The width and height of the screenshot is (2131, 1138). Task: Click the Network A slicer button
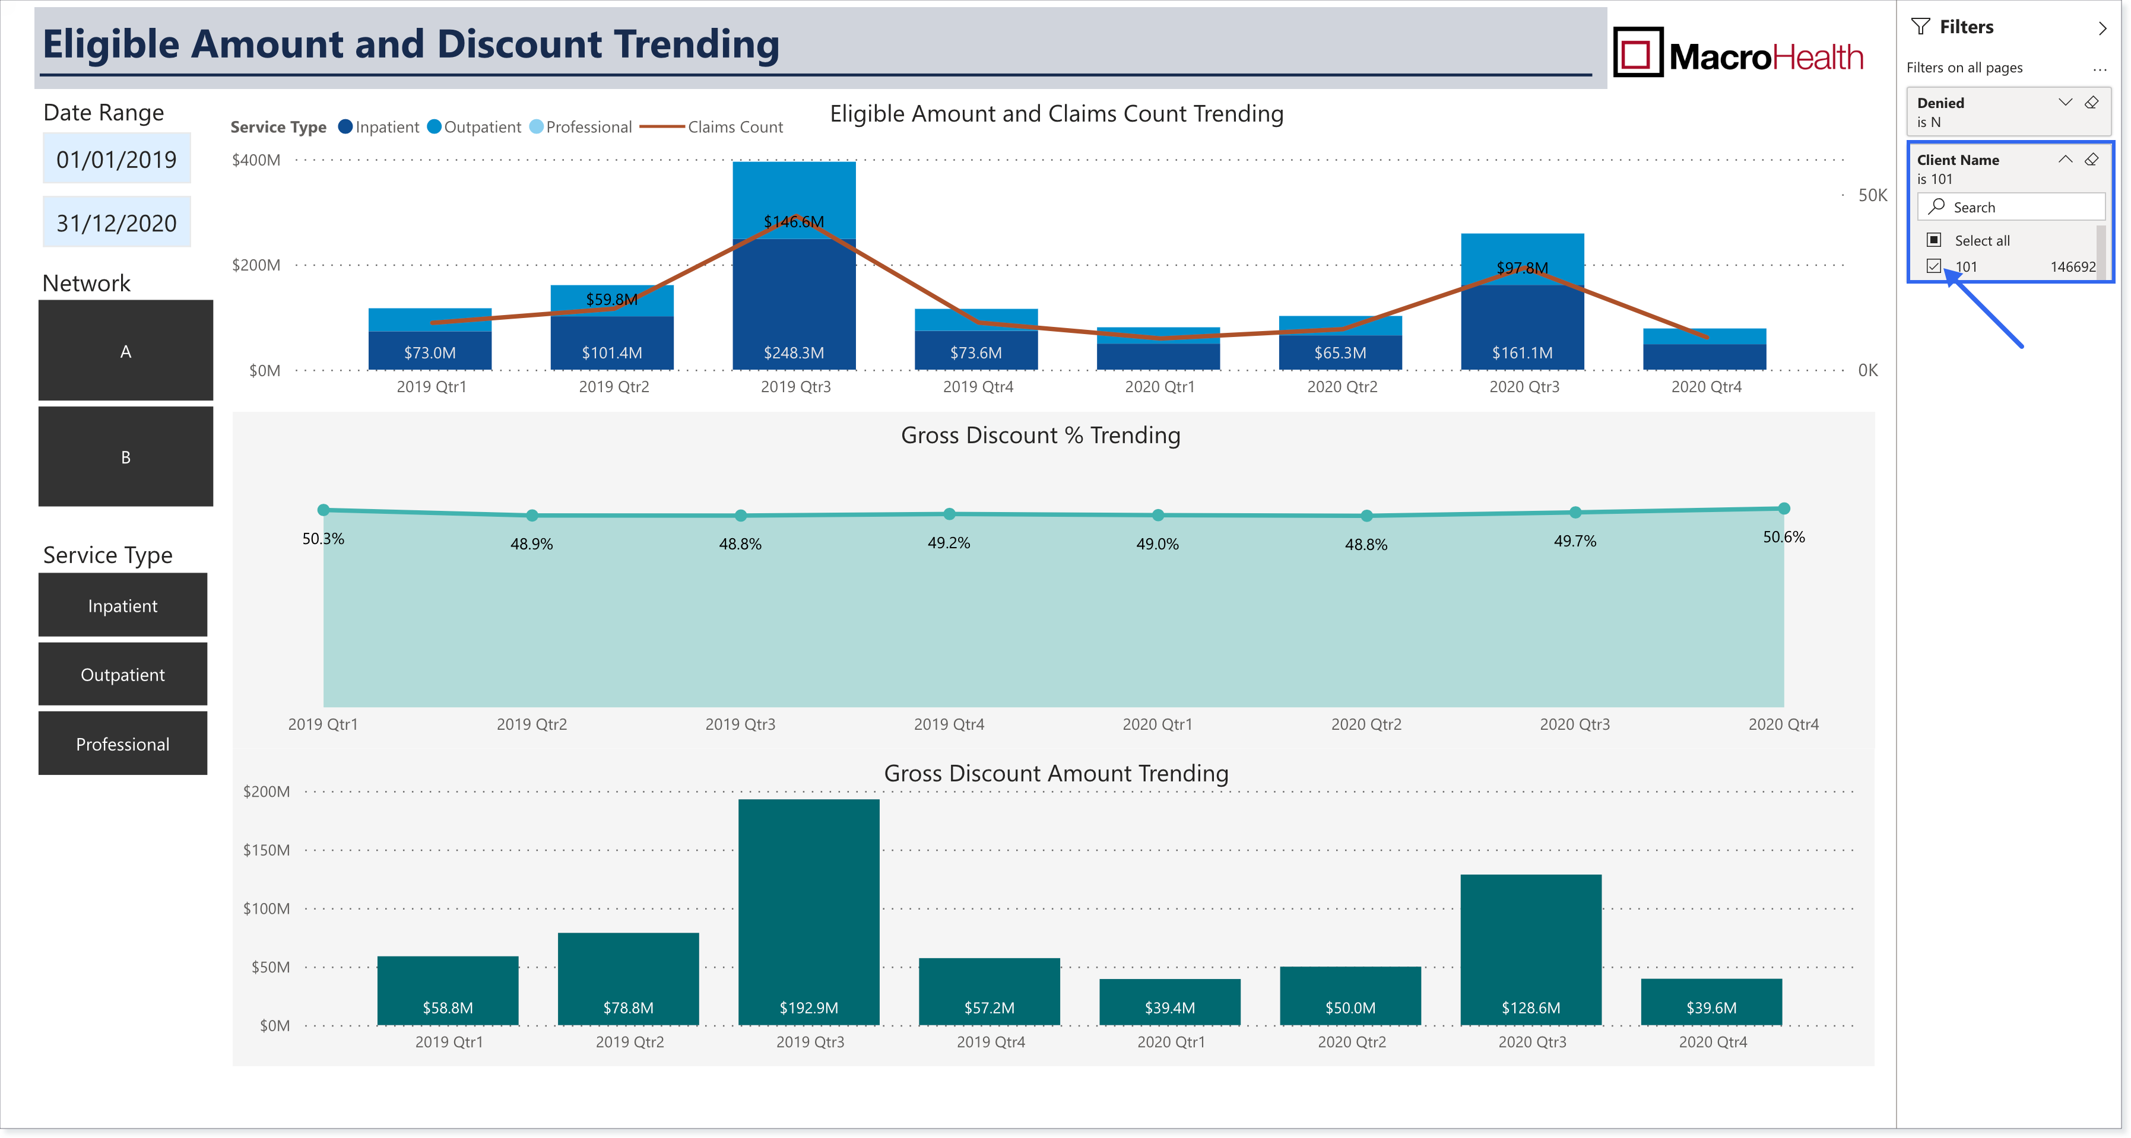pyautogui.click(x=126, y=351)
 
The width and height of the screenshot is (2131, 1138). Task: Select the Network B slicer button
pyautogui.click(x=126, y=456)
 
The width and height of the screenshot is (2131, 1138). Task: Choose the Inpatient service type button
pyautogui.click(x=122, y=605)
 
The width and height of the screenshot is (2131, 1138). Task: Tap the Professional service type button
pyautogui.click(x=122, y=743)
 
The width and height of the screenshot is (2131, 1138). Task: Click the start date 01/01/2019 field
pyautogui.click(x=117, y=159)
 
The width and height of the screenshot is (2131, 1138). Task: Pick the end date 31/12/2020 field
pyautogui.click(x=117, y=222)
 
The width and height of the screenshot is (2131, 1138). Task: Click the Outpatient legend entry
pyautogui.click(x=474, y=126)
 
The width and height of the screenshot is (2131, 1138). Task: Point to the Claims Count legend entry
pyautogui.click(x=712, y=126)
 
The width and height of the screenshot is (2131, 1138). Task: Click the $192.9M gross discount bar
pyautogui.click(x=809, y=912)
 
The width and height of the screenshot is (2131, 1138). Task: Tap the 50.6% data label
pyautogui.click(x=1784, y=537)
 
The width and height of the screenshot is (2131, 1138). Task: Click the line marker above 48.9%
pyautogui.click(x=532, y=515)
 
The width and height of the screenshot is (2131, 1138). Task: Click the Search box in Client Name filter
pyautogui.click(x=2011, y=206)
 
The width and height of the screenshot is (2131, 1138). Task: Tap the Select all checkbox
pyautogui.click(x=1934, y=240)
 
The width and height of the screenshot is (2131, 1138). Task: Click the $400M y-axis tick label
pyautogui.click(x=256, y=160)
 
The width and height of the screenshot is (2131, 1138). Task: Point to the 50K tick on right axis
pyautogui.click(x=1873, y=195)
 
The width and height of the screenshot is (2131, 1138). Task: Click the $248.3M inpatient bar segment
pyautogui.click(x=794, y=304)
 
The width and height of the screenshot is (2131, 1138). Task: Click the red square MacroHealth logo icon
pyautogui.click(x=1638, y=52)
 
